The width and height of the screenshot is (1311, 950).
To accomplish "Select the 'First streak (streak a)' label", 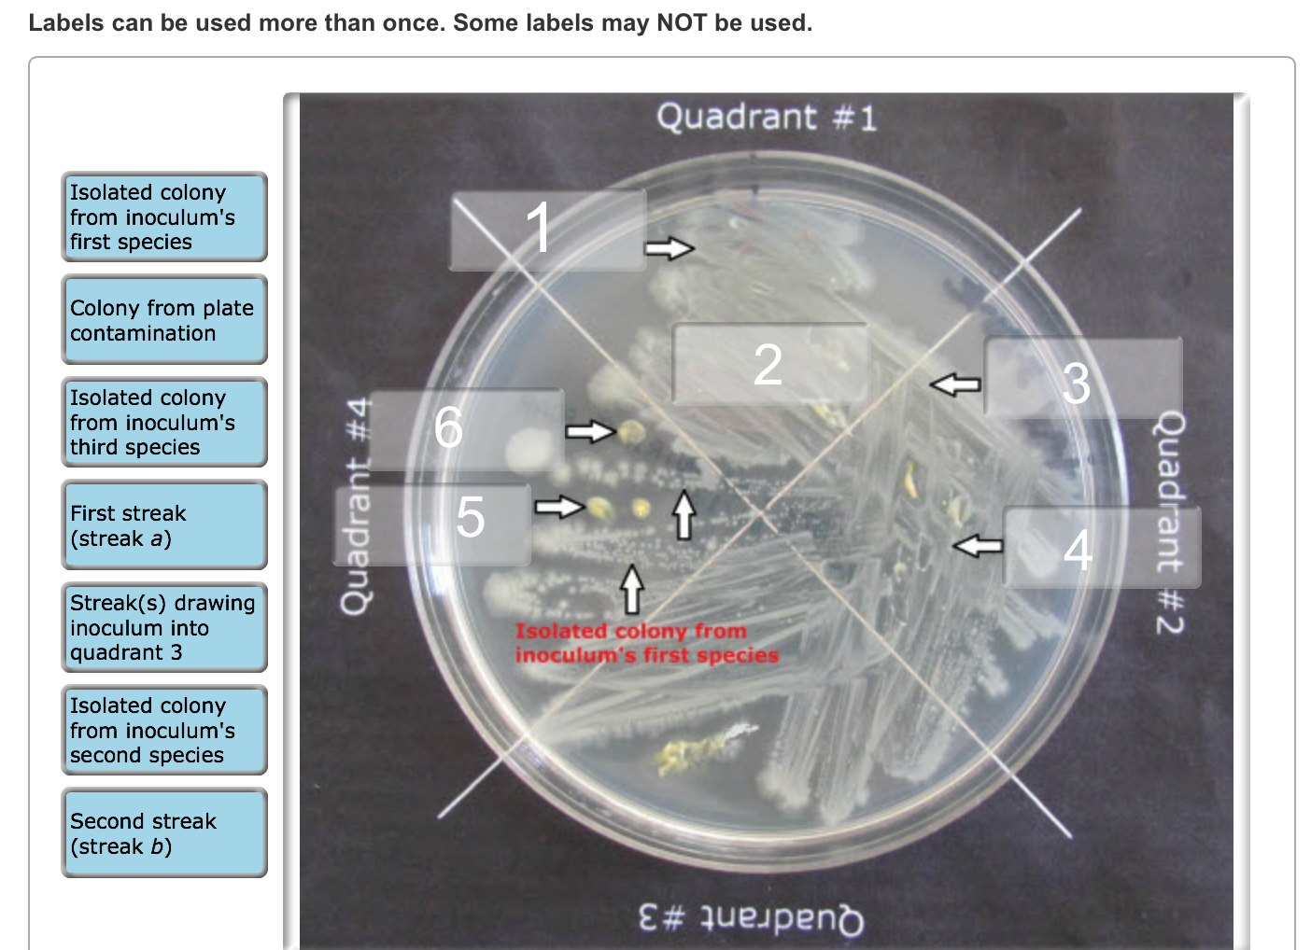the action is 164,524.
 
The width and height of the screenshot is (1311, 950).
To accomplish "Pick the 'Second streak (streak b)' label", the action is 164,832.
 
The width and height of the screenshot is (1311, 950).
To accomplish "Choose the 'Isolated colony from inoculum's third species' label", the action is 164,422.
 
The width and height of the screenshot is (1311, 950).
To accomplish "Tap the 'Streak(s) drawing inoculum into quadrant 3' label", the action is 164,627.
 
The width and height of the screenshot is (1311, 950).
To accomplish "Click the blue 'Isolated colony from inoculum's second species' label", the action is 164,730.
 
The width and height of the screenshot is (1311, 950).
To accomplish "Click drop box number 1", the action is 548,230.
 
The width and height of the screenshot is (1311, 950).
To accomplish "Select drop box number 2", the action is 770,364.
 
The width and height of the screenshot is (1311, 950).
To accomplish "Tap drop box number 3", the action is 1083,377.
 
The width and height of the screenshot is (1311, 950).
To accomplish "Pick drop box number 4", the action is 1102,547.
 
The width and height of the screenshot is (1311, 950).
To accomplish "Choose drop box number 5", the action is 432,524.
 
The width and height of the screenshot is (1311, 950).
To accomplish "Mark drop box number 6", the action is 466,430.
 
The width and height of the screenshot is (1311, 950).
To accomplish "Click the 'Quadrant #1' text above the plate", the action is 767,117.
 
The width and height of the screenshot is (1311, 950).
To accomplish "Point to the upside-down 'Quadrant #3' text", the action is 751,919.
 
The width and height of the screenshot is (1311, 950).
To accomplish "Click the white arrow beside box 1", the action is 670,248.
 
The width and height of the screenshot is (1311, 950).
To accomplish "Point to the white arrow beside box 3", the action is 955,384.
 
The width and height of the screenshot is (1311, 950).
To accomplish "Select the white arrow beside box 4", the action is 978,546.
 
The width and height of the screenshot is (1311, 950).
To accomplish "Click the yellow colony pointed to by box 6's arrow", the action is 632,432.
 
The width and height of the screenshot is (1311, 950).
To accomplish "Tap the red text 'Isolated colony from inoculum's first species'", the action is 647,643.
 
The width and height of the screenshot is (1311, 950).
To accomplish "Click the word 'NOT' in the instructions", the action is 682,22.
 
